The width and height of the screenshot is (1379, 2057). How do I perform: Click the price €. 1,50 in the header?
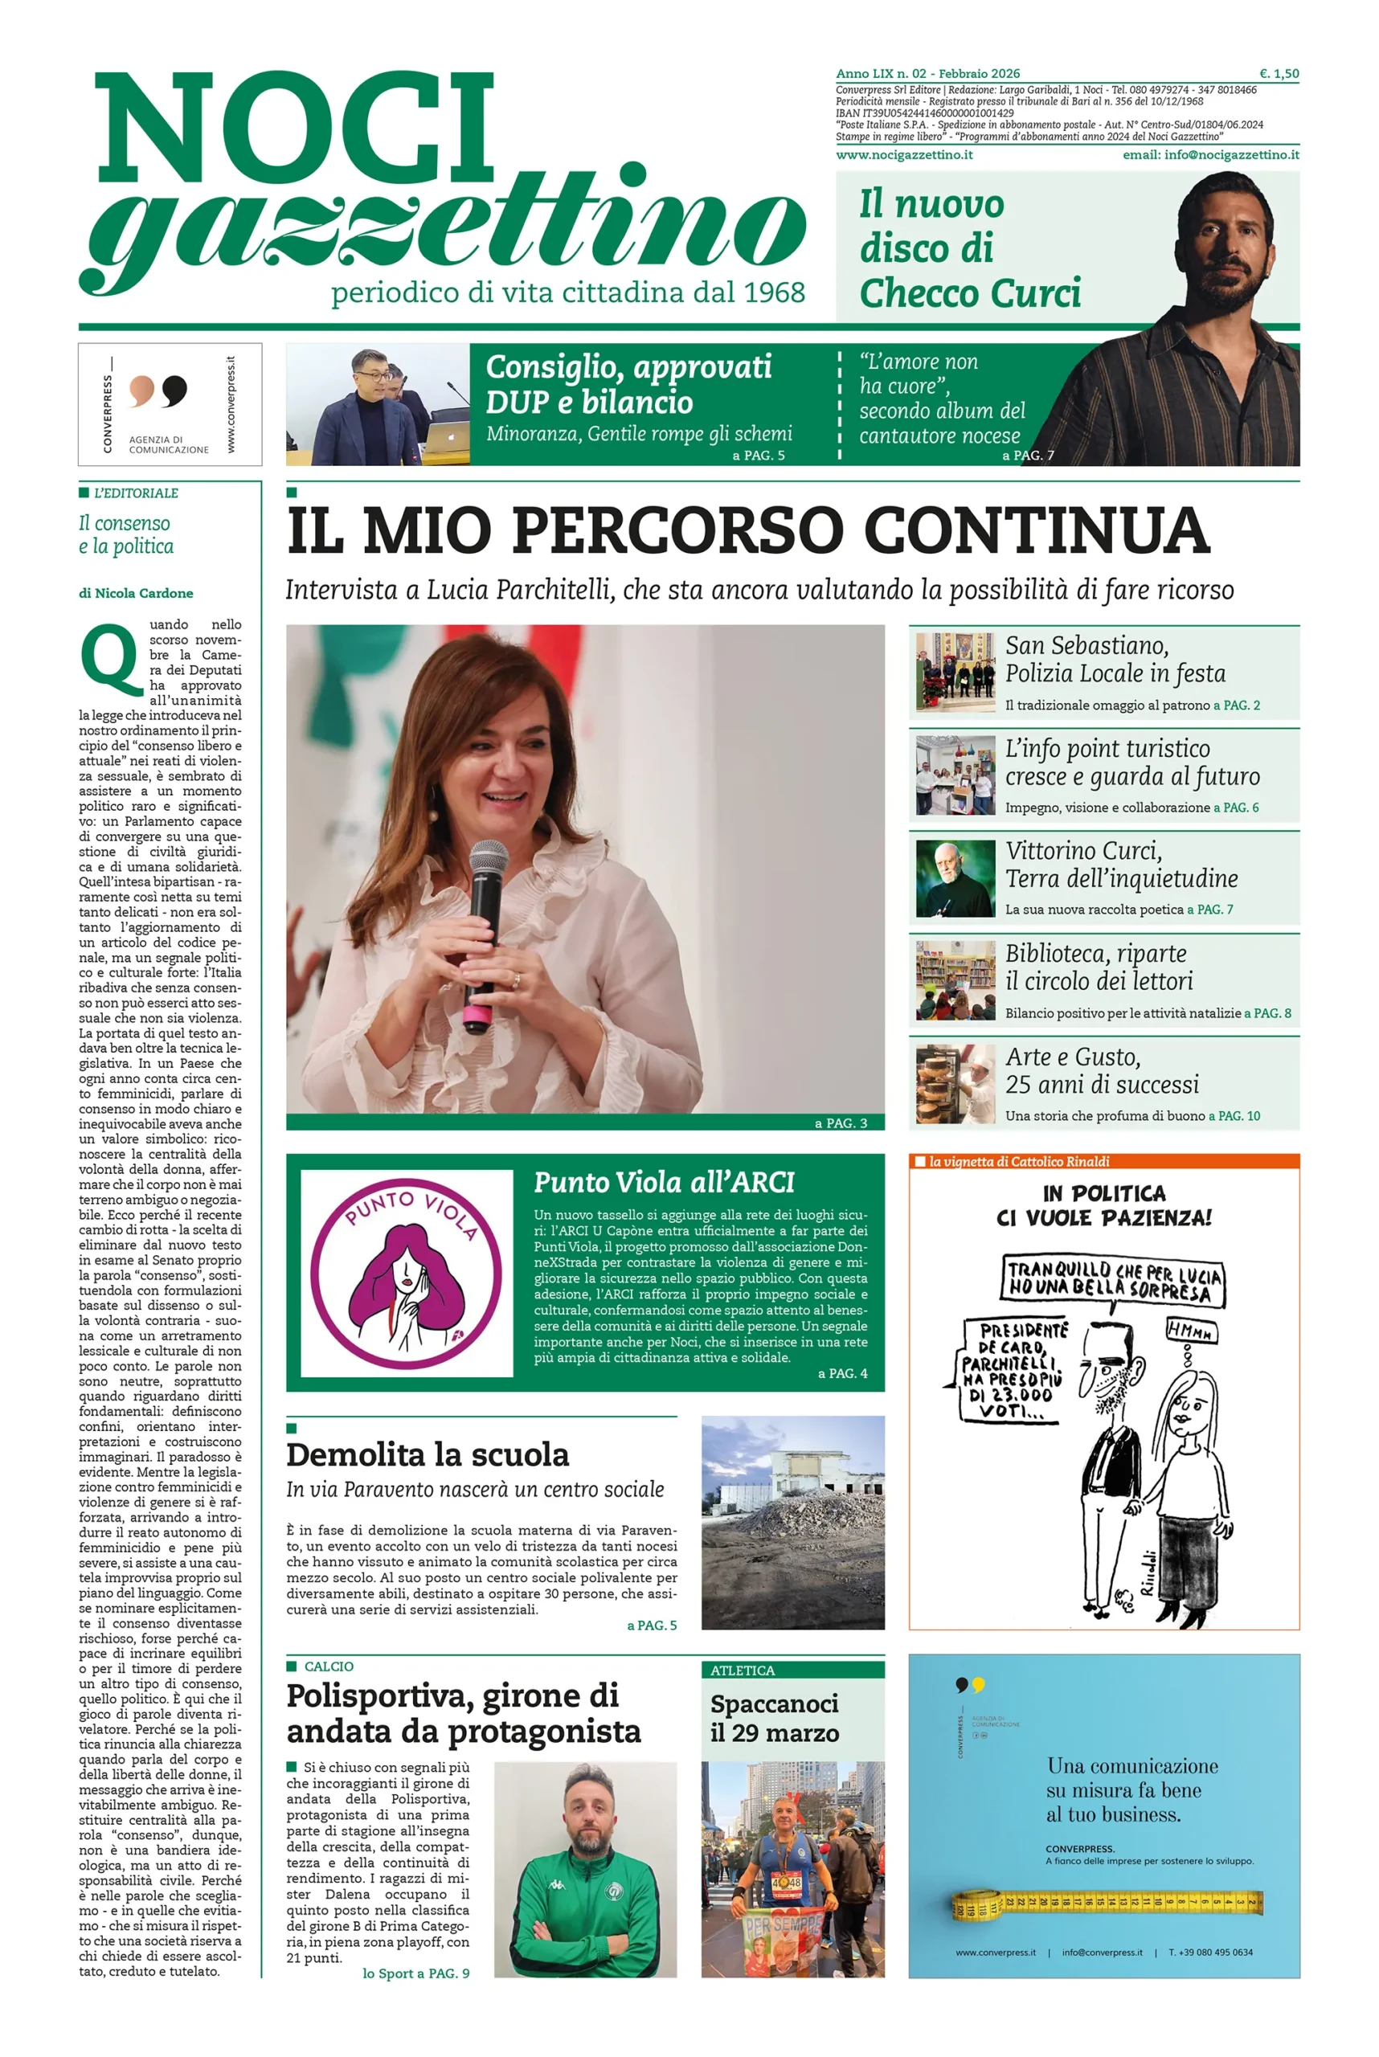(1279, 74)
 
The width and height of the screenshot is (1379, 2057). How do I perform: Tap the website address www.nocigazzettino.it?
(904, 155)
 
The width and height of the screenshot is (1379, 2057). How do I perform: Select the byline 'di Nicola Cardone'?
(136, 593)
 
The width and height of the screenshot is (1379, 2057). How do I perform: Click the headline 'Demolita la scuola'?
(428, 1454)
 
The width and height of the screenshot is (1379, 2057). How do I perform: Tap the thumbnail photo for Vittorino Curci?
(955, 877)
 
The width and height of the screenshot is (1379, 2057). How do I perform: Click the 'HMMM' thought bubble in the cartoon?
(1191, 1331)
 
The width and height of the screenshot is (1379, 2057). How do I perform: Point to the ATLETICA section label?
(743, 1670)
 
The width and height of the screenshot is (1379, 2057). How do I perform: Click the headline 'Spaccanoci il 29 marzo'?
(774, 1718)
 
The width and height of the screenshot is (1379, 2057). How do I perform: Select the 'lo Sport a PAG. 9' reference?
(416, 1973)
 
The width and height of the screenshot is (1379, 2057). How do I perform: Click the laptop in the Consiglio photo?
(448, 435)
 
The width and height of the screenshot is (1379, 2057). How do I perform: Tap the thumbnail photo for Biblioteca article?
(955, 980)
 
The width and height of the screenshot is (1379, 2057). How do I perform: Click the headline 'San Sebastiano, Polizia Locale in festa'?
(1115, 659)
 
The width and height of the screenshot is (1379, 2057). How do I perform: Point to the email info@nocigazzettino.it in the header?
(1210, 155)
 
